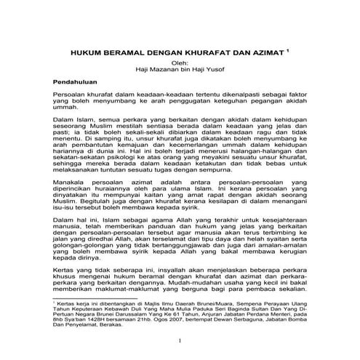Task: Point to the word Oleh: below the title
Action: tap(178, 63)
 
